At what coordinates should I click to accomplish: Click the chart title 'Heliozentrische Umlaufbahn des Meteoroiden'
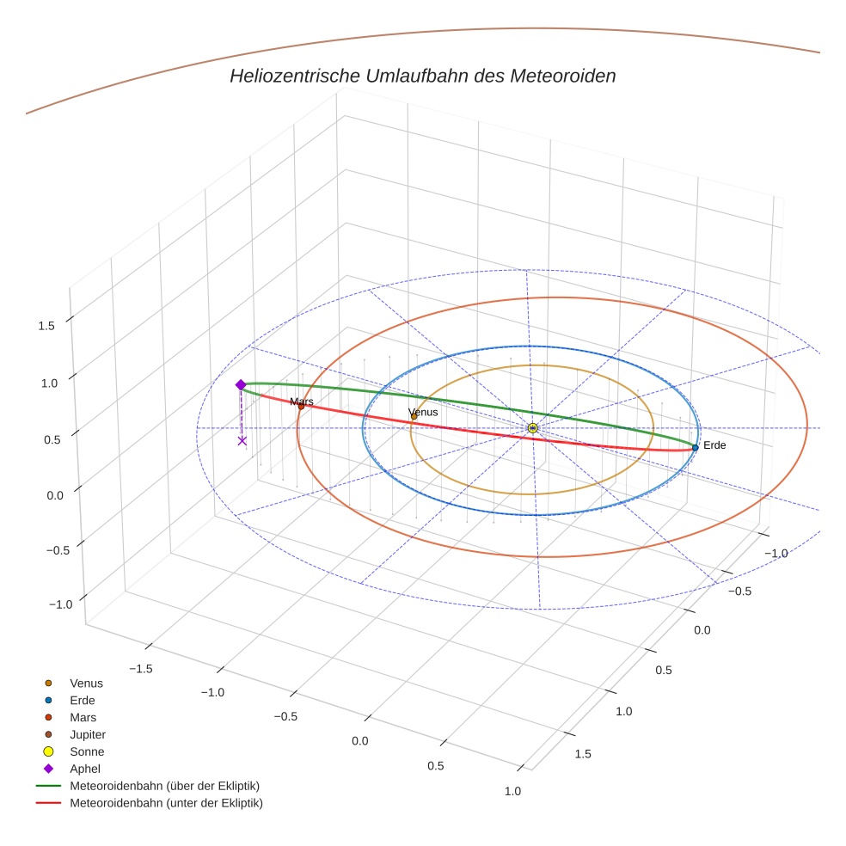point(422,76)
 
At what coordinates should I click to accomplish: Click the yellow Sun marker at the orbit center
point(532,427)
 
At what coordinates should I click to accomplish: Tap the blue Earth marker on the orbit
point(695,447)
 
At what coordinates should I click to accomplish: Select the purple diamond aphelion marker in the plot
point(241,384)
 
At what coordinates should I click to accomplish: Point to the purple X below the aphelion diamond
point(242,440)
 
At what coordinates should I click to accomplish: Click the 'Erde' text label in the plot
point(714,445)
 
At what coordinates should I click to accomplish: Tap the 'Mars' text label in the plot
point(302,402)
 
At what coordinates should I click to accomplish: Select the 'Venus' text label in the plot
point(423,413)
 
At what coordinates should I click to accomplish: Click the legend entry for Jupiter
point(87,734)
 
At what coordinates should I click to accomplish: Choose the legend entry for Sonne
point(87,751)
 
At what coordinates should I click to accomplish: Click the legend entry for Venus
point(86,683)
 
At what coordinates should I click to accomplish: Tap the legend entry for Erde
point(83,700)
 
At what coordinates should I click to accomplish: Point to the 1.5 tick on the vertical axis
point(46,326)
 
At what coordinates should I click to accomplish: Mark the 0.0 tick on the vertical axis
point(53,495)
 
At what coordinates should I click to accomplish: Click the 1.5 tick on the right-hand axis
point(582,754)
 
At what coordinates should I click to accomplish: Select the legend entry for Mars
point(83,717)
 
